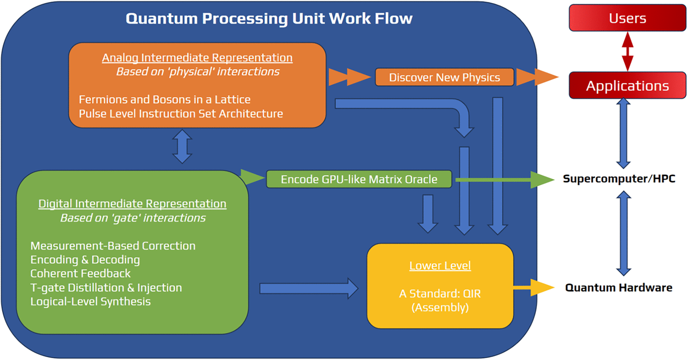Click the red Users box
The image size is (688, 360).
point(627,18)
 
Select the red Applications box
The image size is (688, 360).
point(627,86)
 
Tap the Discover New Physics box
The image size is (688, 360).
point(444,77)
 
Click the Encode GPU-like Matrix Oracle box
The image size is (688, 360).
point(359,179)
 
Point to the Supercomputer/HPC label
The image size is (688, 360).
point(619,179)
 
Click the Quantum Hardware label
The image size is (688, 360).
point(618,288)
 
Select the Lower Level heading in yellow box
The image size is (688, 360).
point(440,265)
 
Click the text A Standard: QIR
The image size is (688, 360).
point(440,294)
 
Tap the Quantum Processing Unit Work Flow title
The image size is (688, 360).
point(269,19)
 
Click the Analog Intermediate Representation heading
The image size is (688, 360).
point(197,58)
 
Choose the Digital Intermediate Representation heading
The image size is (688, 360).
point(132,204)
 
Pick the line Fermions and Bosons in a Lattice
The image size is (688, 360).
point(164,99)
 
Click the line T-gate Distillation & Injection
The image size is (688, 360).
point(106,288)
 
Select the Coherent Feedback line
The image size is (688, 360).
point(80,274)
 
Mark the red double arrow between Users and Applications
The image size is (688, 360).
point(627,51)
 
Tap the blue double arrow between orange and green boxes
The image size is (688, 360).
point(182,147)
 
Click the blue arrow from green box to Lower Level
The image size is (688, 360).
point(308,288)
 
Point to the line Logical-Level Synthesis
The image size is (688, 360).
point(90,301)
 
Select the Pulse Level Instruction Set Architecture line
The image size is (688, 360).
point(181,113)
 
